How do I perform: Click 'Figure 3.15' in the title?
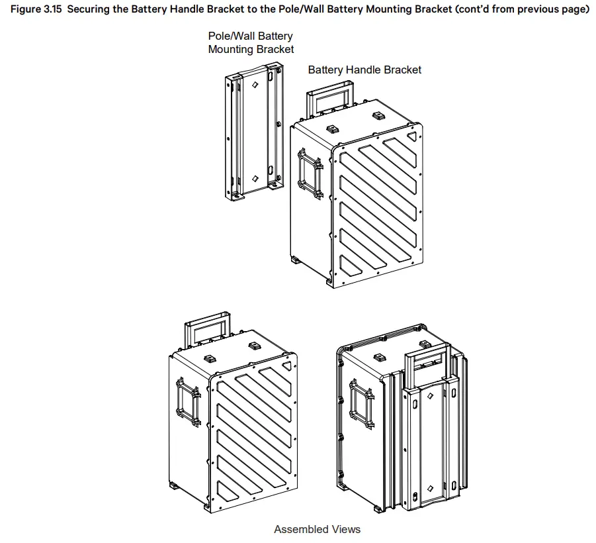point(34,11)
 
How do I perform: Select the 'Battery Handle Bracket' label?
point(364,70)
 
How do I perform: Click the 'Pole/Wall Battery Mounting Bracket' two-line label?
point(251,42)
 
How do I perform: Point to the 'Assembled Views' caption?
point(318,529)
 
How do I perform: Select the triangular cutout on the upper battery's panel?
point(412,136)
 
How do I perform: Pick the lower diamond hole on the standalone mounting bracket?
point(255,179)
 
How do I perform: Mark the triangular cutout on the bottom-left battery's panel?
point(286,365)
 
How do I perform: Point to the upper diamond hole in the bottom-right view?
point(429,396)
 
